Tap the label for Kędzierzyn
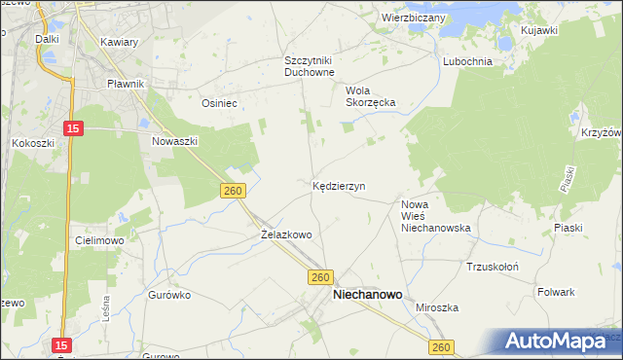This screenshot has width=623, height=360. pos(339,185)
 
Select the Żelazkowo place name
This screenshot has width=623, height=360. pos(286,234)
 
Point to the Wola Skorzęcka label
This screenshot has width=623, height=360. pos(367,97)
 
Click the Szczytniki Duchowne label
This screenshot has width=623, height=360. pos(310,65)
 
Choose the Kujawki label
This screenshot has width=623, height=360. pos(539,31)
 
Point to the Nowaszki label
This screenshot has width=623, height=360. pos(175,141)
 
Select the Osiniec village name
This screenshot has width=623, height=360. pos(219,102)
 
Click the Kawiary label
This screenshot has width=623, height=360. pos(119,42)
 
